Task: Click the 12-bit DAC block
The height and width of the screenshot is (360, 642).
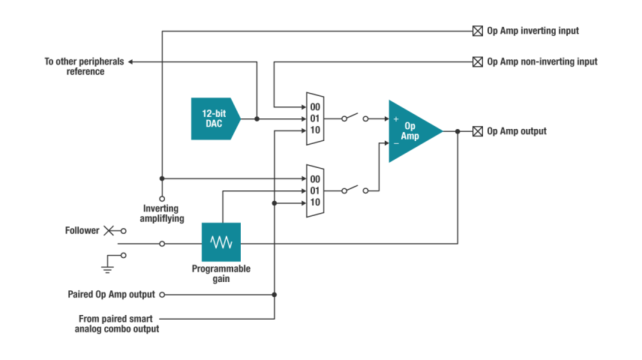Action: coord(214,118)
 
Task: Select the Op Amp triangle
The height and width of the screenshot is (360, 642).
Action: coord(411,130)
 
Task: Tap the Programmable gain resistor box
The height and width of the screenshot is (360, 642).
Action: coord(220,242)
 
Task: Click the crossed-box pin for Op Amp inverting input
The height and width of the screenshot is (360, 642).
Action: coord(477,31)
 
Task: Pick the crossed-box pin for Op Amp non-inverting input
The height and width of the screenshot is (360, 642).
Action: coord(477,61)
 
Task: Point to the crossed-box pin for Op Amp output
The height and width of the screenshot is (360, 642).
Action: coord(477,131)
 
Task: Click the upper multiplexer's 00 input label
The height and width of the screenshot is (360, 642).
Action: coord(315,107)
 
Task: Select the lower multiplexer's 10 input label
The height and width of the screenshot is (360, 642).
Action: coord(315,202)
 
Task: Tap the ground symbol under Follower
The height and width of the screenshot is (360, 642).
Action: coord(108,262)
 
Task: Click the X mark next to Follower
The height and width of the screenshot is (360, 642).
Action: coord(109,230)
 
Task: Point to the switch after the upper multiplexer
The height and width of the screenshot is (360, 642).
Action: coord(355,118)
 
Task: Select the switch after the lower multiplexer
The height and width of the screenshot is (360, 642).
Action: coord(355,190)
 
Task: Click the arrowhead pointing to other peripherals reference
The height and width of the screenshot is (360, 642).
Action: coord(131,61)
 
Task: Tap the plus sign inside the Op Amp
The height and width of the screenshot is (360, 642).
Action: coord(396,118)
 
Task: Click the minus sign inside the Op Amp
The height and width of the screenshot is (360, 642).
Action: coord(396,142)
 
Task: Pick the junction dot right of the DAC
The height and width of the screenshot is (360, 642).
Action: coord(257,118)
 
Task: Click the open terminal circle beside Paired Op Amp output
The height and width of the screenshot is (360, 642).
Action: coord(162,295)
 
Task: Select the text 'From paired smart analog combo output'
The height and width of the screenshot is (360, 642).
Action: coord(118,323)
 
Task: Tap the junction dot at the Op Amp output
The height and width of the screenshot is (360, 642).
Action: coord(457,131)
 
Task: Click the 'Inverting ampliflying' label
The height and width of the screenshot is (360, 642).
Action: coord(160,213)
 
